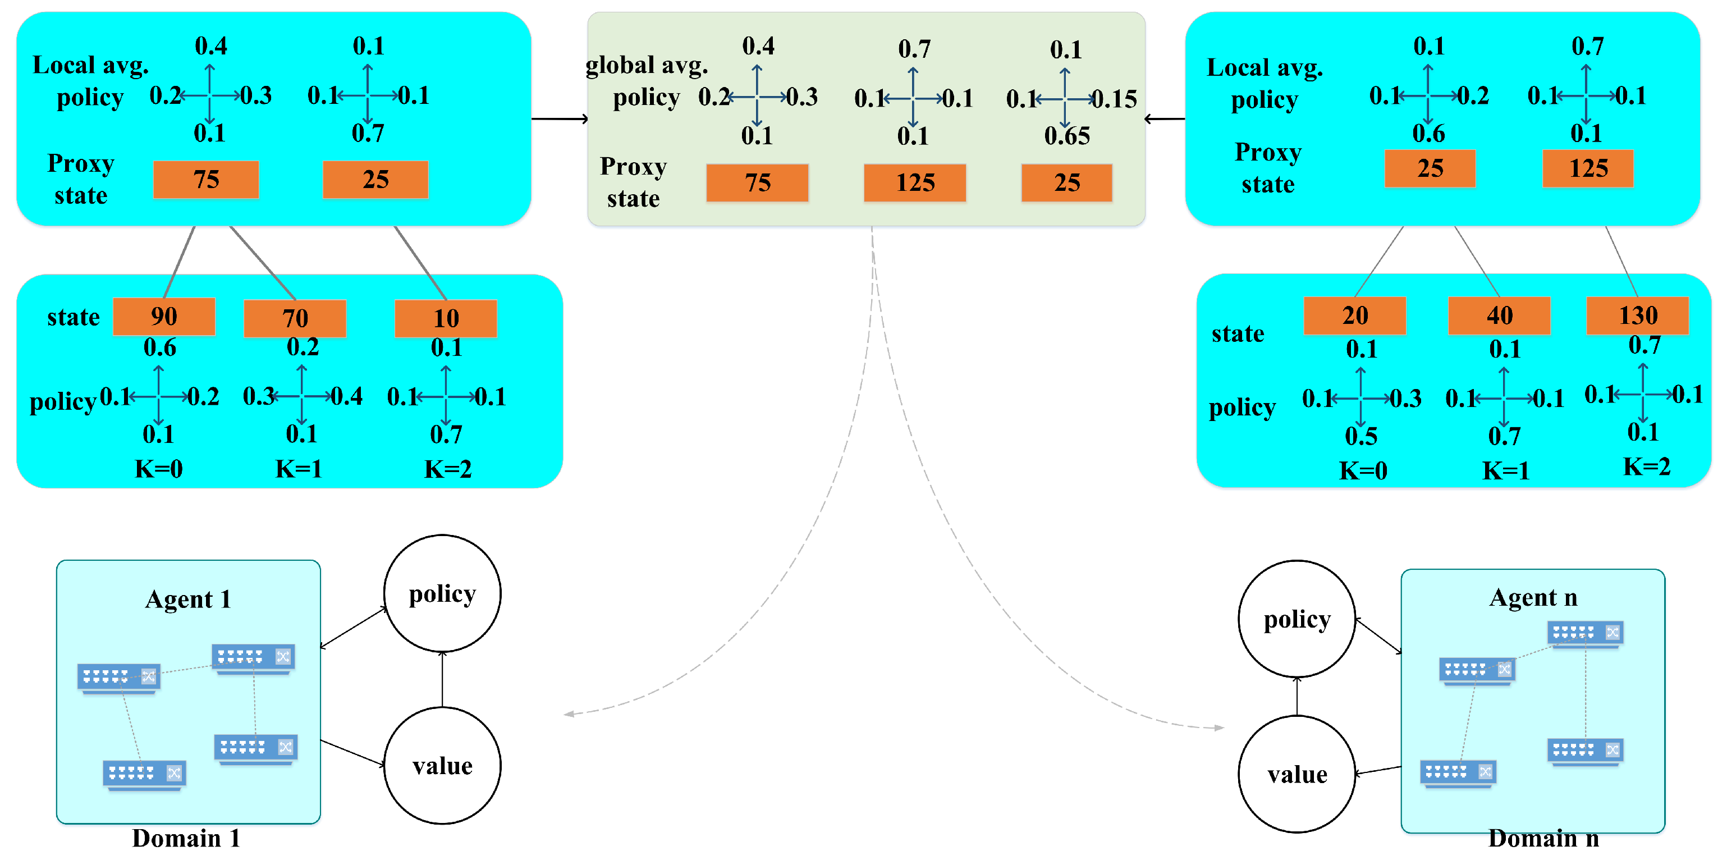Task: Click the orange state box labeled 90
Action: [x=163, y=317]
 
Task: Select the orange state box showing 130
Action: [x=1637, y=315]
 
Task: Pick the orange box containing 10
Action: [x=446, y=318]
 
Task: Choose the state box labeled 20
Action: [x=1354, y=315]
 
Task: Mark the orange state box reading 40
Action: [x=1499, y=315]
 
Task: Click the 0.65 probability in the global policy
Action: [x=1066, y=136]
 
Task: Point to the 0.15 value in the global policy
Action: [x=1115, y=99]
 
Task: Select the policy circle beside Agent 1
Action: [x=442, y=593]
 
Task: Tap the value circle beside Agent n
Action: [x=1297, y=774]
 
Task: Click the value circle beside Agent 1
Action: [x=442, y=766]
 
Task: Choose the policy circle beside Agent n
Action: [x=1297, y=619]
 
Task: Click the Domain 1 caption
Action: [x=186, y=838]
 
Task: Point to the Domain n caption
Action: [x=1543, y=839]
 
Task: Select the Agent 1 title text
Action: [x=187, y=598]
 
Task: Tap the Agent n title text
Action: [x=1533, y=597]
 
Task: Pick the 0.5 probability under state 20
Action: [x=1361, y=436]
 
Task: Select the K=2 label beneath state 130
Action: [x=1647, y=466]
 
